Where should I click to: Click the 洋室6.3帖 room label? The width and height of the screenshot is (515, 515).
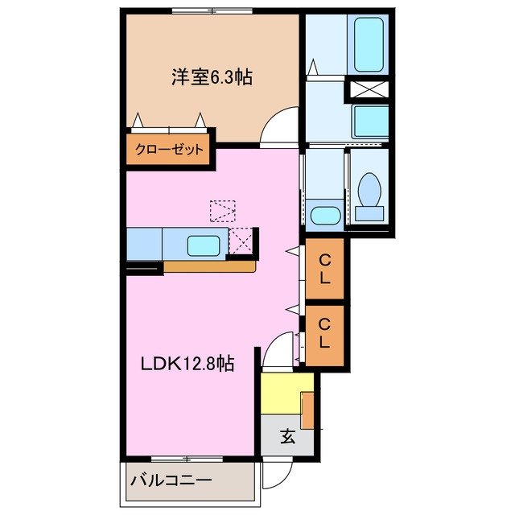211,77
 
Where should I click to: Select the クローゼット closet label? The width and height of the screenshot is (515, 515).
168,150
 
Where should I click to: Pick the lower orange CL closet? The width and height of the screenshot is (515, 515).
324,333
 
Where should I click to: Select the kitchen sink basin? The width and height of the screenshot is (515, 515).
207,244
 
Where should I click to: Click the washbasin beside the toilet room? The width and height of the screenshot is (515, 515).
324,215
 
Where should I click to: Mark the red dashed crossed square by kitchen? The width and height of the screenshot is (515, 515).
241,241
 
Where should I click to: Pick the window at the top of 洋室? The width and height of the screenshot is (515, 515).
212,12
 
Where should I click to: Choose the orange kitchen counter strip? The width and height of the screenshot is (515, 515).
210,266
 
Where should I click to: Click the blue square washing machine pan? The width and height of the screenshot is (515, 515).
371,121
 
